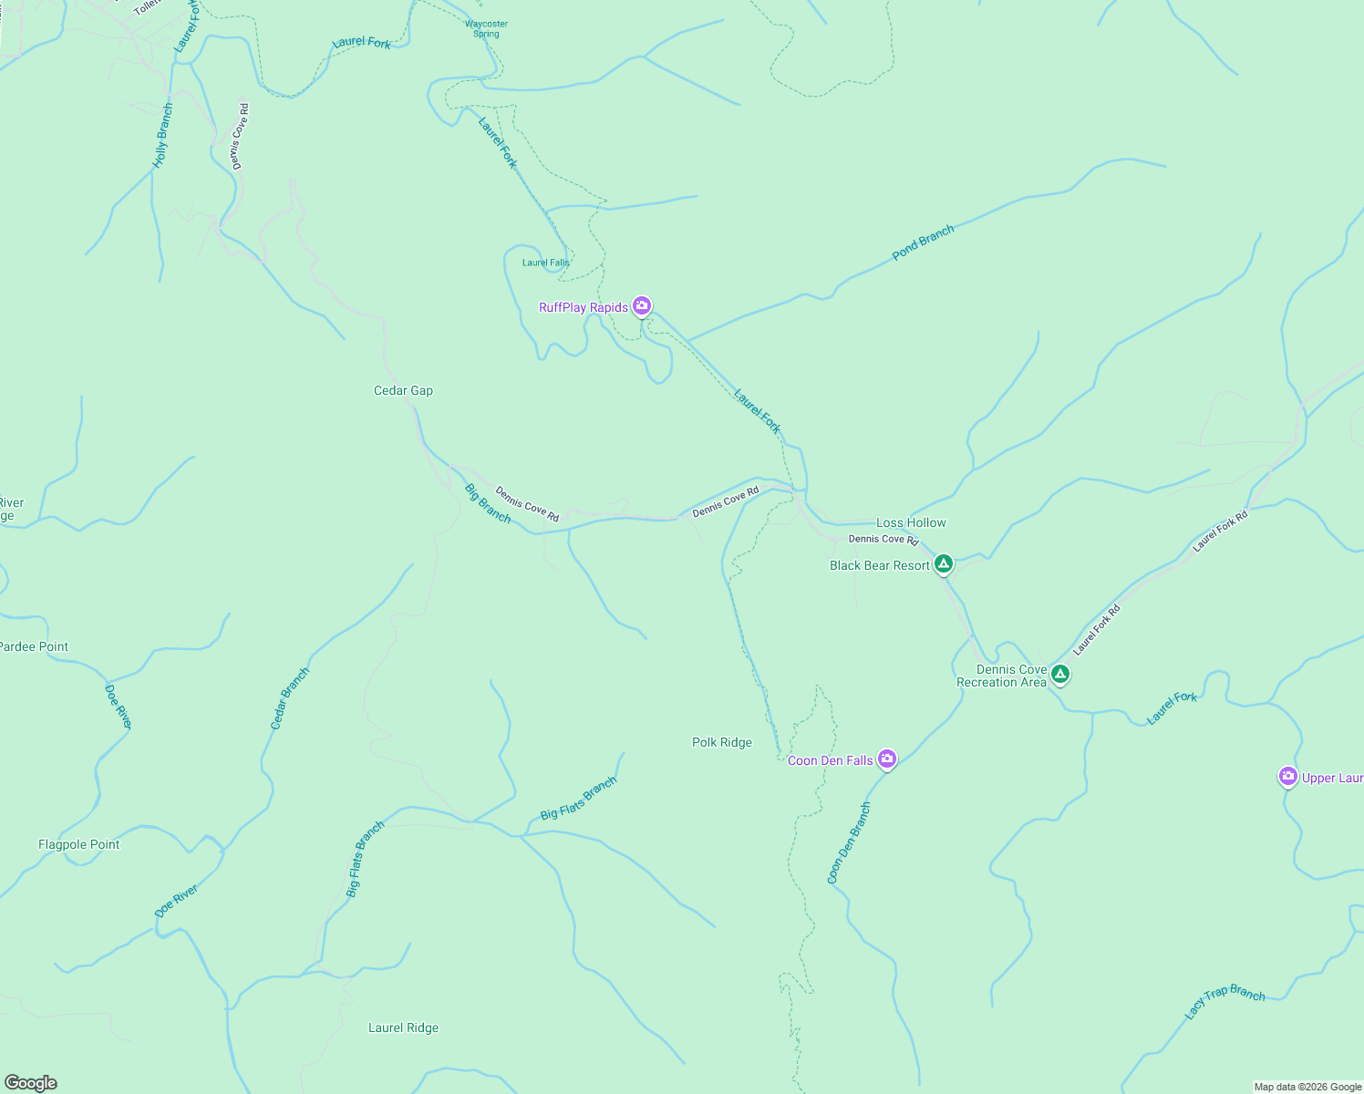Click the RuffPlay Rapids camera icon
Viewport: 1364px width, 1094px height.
click(x=642, y=305)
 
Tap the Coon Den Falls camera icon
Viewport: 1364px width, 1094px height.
click(x=886, y=759)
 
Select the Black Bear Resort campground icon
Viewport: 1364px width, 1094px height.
click(x=944, y=563)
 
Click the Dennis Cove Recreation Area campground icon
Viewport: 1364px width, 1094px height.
click(x=1059, y=674)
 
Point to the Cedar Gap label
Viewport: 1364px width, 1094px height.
click(x=403, y=390)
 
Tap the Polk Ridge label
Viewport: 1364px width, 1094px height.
click(x=721, y=742)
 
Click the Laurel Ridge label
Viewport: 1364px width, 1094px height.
click(x=403, y=1027)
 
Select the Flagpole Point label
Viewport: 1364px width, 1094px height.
click(x=78, y=844)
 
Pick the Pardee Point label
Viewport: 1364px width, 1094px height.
click(x=34, y=646)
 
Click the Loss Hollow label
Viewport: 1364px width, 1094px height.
click(x=911, y=522)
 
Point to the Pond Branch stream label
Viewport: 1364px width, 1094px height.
click(x=923, y=243)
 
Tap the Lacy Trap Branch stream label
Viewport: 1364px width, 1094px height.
click(x=1224, y=1001)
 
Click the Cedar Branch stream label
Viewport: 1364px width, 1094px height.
click(x=290, y=698)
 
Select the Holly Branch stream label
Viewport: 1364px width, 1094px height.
click(x=162, y=136)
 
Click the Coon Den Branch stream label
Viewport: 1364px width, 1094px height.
click(x=849, y=843)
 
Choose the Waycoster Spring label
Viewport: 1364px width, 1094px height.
click(x=486, y=29)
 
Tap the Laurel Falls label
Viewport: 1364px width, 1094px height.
click(x=545, y=263)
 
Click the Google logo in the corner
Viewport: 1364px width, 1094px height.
click(x=31, y=1082)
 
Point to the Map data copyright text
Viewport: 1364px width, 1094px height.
click(x=1307, y=1087)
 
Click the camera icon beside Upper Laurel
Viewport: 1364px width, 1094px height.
click(x=1287, y=776)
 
